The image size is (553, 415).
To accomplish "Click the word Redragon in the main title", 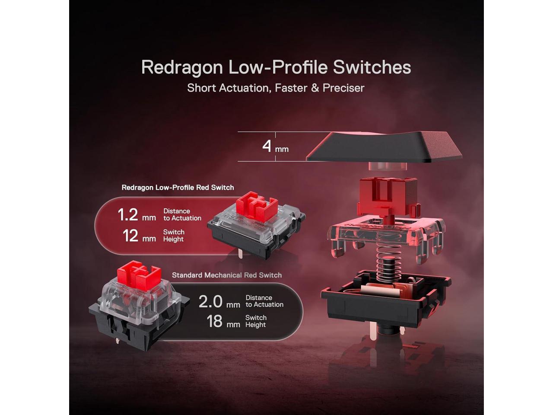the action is (x=182, y=67).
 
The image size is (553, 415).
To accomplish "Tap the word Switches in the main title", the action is (x=372, y=67).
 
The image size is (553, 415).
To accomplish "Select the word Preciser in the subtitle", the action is (x=343, y=88).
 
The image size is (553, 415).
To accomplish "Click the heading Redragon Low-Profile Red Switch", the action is (x=178, y=188).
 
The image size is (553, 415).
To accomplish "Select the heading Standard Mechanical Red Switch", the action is (x=227, y=275).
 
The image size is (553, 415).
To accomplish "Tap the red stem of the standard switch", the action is (x=139, y=276).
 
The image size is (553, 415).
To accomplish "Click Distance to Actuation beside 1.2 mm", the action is (x=182, y=215).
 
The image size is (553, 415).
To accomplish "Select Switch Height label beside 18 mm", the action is (x=256, y=321).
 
